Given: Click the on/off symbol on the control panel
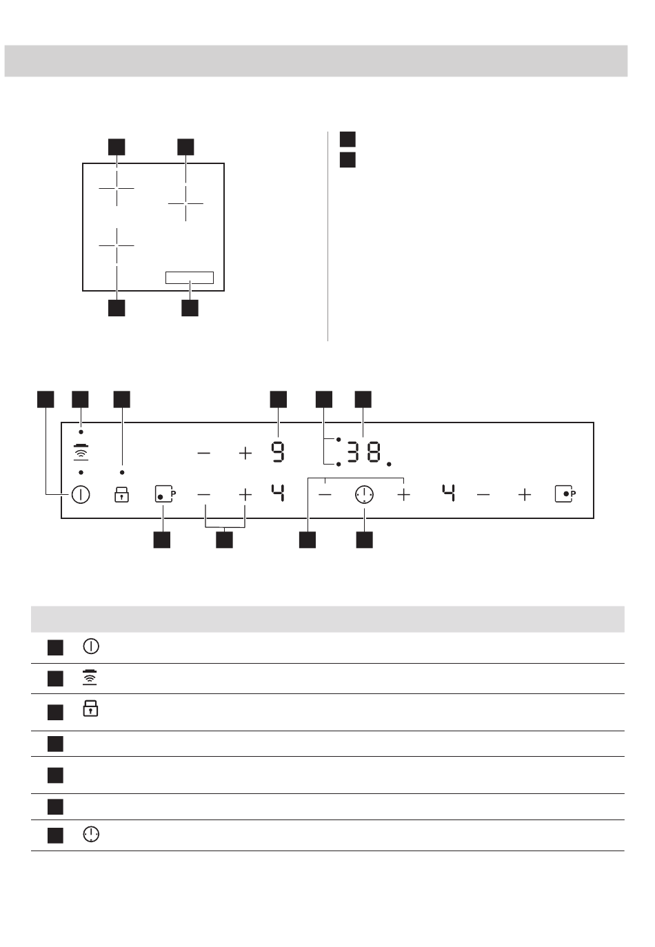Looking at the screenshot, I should point(81,494).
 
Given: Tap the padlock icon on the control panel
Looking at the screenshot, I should point(122,494).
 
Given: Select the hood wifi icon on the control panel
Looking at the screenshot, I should point(81,452).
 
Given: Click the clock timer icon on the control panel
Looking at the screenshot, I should point(364,494).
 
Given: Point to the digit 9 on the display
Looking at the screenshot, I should point(277,452).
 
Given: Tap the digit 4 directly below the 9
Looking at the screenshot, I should point(277,493).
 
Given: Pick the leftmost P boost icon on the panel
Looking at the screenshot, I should point(164,494).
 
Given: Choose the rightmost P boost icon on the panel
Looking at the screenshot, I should point(565,494).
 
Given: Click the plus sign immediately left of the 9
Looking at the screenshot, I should point(245,453).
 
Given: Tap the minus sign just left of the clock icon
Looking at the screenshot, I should point(325,494).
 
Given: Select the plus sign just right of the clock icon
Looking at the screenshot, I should point(404,494).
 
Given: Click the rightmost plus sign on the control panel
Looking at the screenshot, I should point(525,494).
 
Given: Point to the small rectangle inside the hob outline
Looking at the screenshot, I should point(190,278).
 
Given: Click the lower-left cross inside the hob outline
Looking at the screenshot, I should point(117,245).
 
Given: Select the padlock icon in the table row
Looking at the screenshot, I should point(90,709).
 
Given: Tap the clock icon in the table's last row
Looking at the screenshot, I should point(90,835).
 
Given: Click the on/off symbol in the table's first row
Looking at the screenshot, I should point(90,646).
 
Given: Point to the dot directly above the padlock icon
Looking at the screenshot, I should point(122,473).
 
